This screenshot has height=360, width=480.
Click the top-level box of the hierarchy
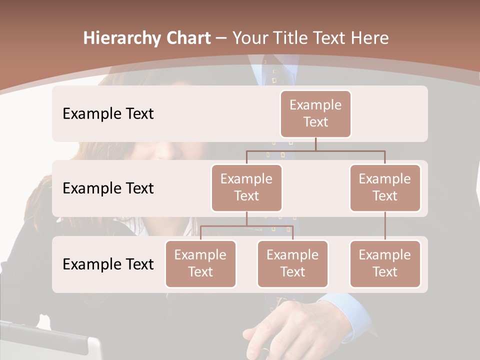(315, 113)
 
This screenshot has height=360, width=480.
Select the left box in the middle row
(246, 187)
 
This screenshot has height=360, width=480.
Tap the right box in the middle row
(385, 187)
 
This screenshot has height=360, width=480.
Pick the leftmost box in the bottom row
(200, 263)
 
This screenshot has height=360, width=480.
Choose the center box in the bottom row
(292, 263)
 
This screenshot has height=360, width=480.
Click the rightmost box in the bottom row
(385, 263)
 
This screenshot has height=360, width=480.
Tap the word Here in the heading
(370, 38)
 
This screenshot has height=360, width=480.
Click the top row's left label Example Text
(108, 114)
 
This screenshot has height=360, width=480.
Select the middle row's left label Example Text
(108, 188)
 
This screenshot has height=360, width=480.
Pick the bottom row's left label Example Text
(108, 264)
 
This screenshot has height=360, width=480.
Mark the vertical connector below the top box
(315, 144)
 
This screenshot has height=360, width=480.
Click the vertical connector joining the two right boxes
(385, 226)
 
